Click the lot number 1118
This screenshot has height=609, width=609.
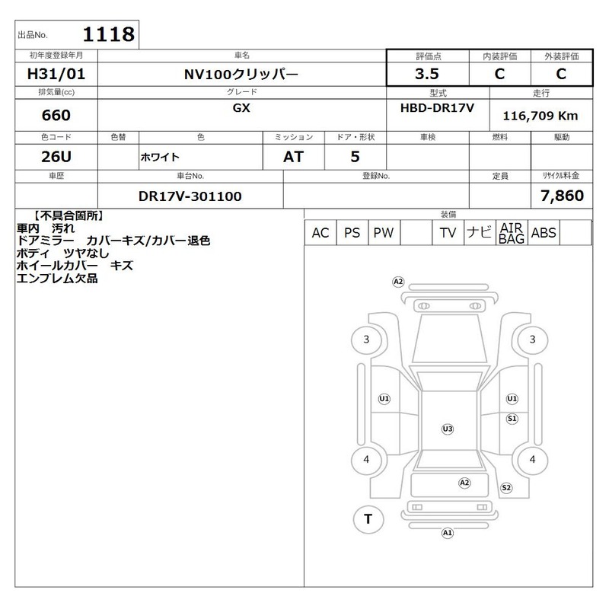109,34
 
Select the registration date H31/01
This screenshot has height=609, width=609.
56,74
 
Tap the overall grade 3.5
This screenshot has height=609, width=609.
427,74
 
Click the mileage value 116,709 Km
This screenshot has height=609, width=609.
540,116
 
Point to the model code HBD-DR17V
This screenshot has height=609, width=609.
437,108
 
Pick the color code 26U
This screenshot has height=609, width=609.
56,157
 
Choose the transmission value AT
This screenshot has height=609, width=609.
293,157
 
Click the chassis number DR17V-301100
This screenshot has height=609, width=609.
190,196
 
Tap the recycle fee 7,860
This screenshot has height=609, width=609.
562,196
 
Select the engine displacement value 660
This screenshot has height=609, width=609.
56,115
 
